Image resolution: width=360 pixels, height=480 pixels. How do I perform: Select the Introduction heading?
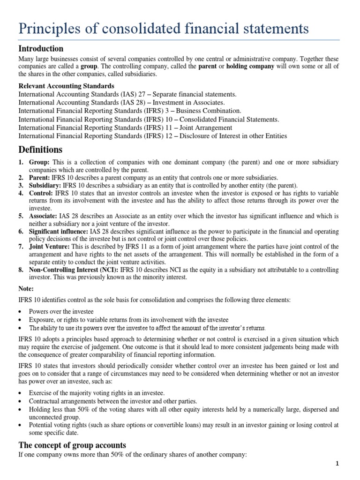click(41, 49)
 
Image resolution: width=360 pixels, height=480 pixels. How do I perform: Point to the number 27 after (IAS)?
click(145, 94)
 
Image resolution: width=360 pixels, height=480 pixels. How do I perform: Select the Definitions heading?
click(40, 150)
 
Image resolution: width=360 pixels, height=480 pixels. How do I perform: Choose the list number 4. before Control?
click(21, 193)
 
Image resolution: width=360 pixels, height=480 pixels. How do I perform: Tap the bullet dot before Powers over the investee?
click(21, 311)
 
